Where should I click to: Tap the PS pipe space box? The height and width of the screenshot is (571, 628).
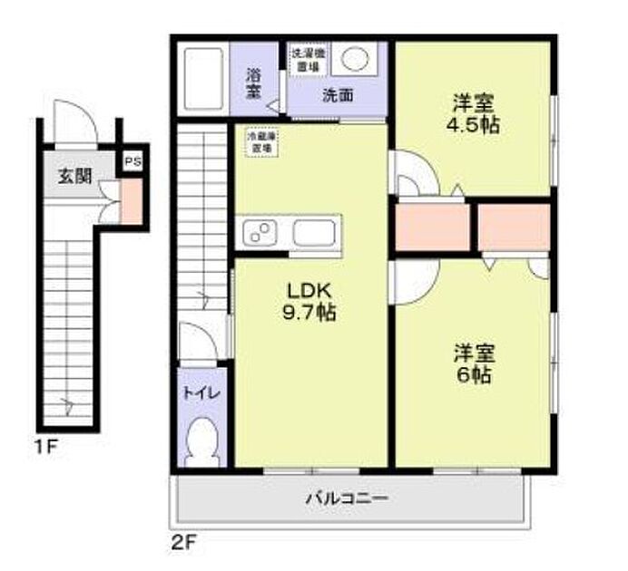click(x=132, y=163)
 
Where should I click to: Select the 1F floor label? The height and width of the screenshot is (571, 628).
click(x=47, y=446)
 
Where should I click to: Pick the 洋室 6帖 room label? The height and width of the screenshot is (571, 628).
click(x=473, y=362)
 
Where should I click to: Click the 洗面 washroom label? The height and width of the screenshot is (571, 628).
click(x=338, y=94)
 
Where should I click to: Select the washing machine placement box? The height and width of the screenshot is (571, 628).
click(x=305, y=59)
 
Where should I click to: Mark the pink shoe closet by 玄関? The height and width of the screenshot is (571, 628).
click(x=132, y=201)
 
